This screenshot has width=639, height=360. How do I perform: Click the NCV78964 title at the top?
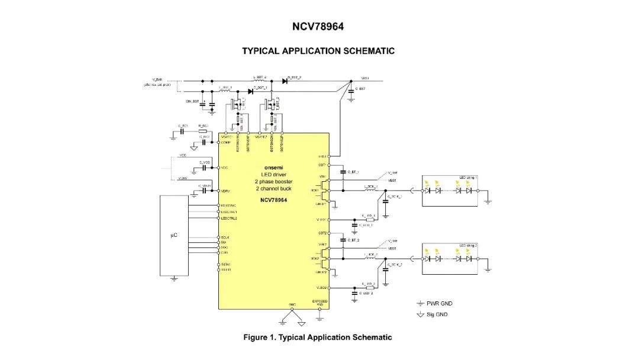click(318, 27)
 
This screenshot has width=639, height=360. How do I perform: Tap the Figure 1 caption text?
click(318, 337)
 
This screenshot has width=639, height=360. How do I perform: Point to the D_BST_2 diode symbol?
click(285, 81)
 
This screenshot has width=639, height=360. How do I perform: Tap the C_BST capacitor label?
click(361, 89)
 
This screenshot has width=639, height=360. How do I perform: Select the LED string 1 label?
click(467, 178)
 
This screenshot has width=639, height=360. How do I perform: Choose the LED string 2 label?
click(467, 245)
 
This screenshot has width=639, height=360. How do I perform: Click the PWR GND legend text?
click(440, 304)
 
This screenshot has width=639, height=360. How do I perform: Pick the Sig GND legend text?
click(437, 314)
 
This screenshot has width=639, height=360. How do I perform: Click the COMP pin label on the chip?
click(225, 142)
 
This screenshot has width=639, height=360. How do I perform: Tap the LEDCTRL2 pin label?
click(229, 218)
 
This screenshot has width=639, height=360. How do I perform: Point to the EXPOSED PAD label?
click(320, 303)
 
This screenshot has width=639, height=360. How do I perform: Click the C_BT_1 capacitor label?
click(353, 172)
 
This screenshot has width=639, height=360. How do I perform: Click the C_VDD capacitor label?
click(205, 162)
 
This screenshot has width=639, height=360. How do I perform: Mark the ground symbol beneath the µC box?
click(173, 278)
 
